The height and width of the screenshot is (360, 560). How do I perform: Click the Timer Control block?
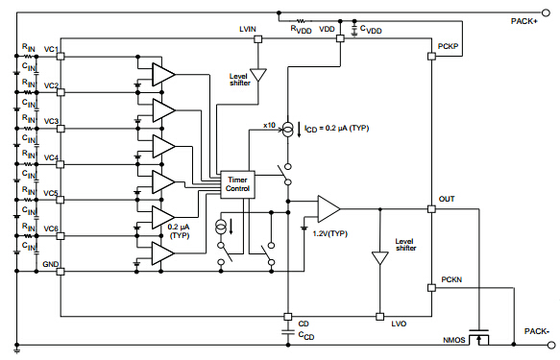pyautogui.click(x=236, y=183)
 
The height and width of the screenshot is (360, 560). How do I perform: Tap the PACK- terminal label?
pyautogui.click(x=536, y=331)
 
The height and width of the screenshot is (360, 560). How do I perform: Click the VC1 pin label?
pyautogui.click(x=50, y=49)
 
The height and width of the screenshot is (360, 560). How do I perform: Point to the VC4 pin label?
pyautogui.click(x=50, y=157)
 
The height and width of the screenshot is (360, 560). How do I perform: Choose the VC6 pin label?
pyautogui.click(x=50, y=228)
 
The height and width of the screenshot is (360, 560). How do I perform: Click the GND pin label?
pyautogui.click(x=50, y=263)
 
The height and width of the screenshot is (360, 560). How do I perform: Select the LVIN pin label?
pyautogui.click(x=248, y=30)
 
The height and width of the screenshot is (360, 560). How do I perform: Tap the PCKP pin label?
pyautogui.click(x=449, y=46)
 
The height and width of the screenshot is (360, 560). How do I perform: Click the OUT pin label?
pyautogui.click(x=447, y=200)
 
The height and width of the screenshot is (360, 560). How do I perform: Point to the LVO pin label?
pyautogui.click(x=398, y=324)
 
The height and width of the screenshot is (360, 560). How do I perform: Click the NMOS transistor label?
pyautogui.click(x=454, y=340)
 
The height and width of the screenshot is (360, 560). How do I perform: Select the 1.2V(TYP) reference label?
pyautogui.click(x=329, y=233)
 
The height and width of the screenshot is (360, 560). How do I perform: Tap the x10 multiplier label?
pyautogui.click(x=270, y=127)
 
